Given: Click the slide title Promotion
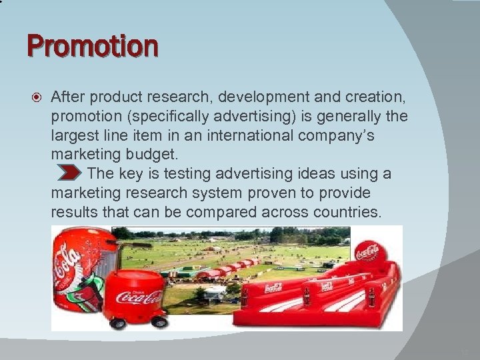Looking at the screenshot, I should click(93, 47).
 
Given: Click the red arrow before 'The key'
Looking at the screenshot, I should click(69, 174).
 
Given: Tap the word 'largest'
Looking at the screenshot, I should click(75, 136).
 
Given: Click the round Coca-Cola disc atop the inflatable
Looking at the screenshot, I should click(367, 252).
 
